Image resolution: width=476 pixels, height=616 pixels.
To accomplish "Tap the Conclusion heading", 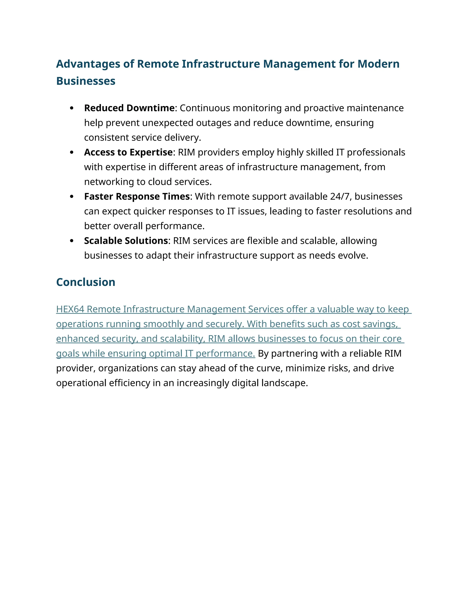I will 86,282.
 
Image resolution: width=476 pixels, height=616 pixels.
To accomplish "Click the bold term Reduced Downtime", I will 129,108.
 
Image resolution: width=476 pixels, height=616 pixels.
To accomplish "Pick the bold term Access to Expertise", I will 128,152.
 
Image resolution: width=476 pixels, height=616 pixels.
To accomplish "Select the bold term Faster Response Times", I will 137,196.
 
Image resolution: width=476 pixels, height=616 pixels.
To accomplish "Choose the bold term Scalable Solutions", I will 126,241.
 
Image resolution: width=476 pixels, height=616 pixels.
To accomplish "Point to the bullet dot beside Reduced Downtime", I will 72,108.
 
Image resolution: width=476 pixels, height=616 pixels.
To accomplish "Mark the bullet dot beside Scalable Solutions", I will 72,241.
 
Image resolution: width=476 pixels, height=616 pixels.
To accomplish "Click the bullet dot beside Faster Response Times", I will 72,196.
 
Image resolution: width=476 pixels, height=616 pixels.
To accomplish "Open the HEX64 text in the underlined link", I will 70,309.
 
